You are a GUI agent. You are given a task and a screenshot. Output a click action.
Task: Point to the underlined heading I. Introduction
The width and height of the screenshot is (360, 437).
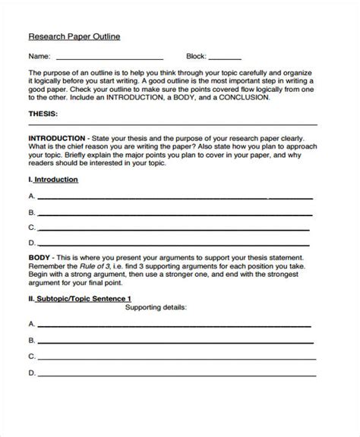(52, 180)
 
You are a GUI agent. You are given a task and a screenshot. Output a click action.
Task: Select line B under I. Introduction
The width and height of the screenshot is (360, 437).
(174, 213)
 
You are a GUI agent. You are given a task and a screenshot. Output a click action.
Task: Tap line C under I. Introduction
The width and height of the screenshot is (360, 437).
(174, 229)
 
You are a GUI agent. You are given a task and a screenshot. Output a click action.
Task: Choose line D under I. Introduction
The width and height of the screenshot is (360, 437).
(174, 245)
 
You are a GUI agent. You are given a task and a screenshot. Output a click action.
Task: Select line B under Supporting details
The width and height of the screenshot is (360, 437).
(174, 341)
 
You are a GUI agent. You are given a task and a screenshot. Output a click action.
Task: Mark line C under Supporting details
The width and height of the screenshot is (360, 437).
(174, 357)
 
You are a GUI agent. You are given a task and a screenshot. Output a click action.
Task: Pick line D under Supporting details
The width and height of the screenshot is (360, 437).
(174, 374)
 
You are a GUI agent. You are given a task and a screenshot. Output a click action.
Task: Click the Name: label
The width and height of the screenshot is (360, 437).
(39, 57)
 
